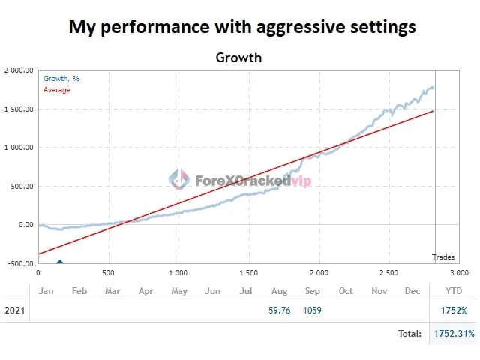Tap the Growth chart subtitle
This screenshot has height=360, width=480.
point(238,57)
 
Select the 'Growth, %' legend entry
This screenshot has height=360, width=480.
point(61,79)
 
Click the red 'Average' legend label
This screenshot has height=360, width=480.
point(56,90)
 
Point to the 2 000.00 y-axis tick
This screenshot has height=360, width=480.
point(18,70)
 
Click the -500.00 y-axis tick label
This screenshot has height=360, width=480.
point(19,263)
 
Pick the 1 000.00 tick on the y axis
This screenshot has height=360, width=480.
point(18,148)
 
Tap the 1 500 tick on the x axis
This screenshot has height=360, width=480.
point(248,273)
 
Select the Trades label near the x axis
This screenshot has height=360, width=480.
point(443,257)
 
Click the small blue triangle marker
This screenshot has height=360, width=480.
point(60,262)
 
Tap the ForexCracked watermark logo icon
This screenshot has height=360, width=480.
point(178,179)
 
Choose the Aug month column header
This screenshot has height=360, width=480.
point(280,290)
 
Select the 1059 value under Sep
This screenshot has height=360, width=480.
point(313,310)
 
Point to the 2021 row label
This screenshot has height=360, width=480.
point(15,310)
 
